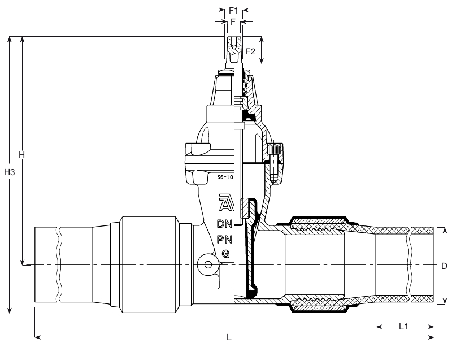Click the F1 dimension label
tap(233, 11)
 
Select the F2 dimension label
tap(250, 51)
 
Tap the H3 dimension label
tap(10, 172)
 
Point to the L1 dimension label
tap(403, 327)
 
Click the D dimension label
tap(444, 266)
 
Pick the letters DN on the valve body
tap(224, 224)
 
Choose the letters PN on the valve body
tap(224, 239)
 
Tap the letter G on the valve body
tap(226, 254)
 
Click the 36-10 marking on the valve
tap(225, 177)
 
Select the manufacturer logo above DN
tap(227, 203)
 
